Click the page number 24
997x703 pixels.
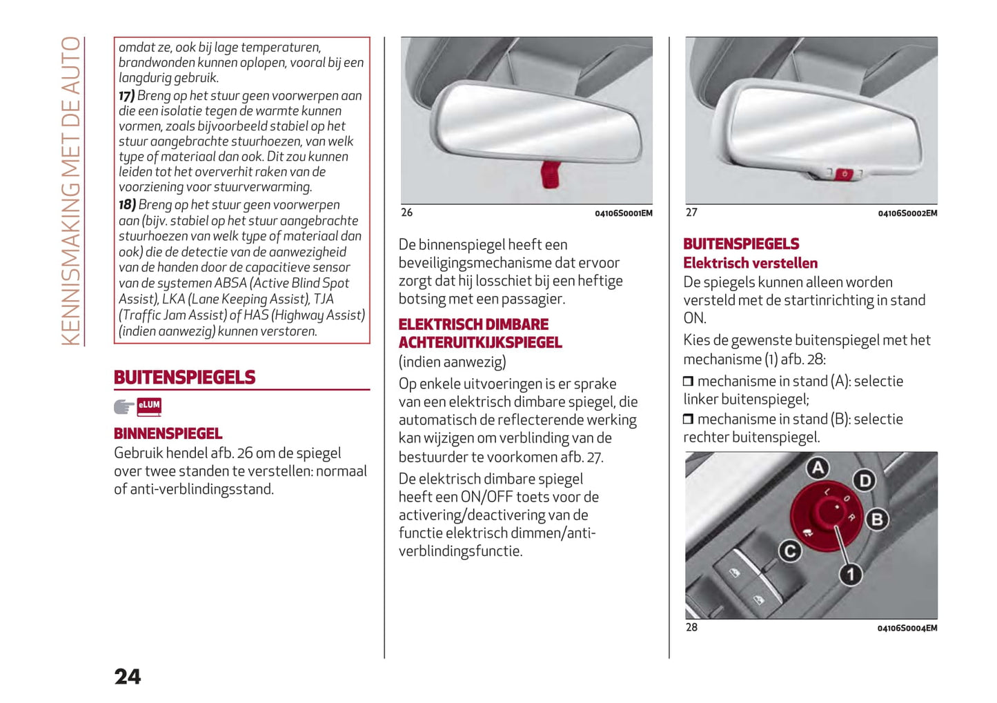point(128,677)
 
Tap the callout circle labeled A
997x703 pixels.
point(818,468)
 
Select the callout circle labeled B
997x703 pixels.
point(877,519)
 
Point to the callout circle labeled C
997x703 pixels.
point(790,551)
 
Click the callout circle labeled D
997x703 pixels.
point(864,480)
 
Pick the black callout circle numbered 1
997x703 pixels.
point(850,574)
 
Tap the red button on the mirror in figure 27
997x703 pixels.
point(845,174)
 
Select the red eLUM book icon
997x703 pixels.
point(149,406)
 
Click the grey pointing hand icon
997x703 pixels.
point(124,407)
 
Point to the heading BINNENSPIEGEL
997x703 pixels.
point(168,433)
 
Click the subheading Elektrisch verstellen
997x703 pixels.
point(750,263)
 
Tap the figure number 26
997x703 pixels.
point(407,212)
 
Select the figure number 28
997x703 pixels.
point(691,627)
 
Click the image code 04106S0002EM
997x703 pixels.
point(907,213)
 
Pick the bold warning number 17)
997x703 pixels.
point(126,96)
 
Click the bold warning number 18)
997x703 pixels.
point(127,205)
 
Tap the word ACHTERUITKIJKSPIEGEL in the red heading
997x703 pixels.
point(480,342)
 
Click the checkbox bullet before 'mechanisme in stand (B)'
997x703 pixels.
point(688,419)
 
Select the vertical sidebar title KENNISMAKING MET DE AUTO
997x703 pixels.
point(71,190)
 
